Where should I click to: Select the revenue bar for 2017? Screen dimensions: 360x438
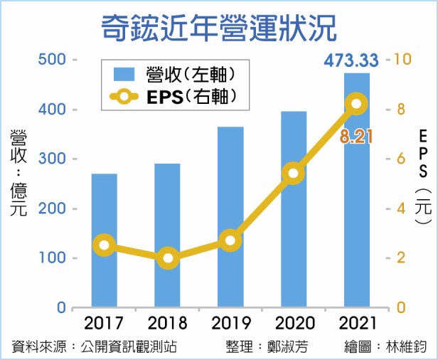(x=105, y=242)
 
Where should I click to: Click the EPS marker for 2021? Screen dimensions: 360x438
(x=357, y=105)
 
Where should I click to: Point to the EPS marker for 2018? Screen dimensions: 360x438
(x=167, y=258)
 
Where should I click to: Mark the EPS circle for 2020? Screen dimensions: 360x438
(x=293, y=173)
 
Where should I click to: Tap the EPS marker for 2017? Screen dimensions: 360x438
(x=105, y=245)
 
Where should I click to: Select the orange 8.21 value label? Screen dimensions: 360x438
(x=356, y=137)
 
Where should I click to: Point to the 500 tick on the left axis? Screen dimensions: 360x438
(x=51, y=60)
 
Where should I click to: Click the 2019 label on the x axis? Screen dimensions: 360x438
(x=230, y=324)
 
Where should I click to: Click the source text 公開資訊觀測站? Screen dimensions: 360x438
(x=129, y=347)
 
